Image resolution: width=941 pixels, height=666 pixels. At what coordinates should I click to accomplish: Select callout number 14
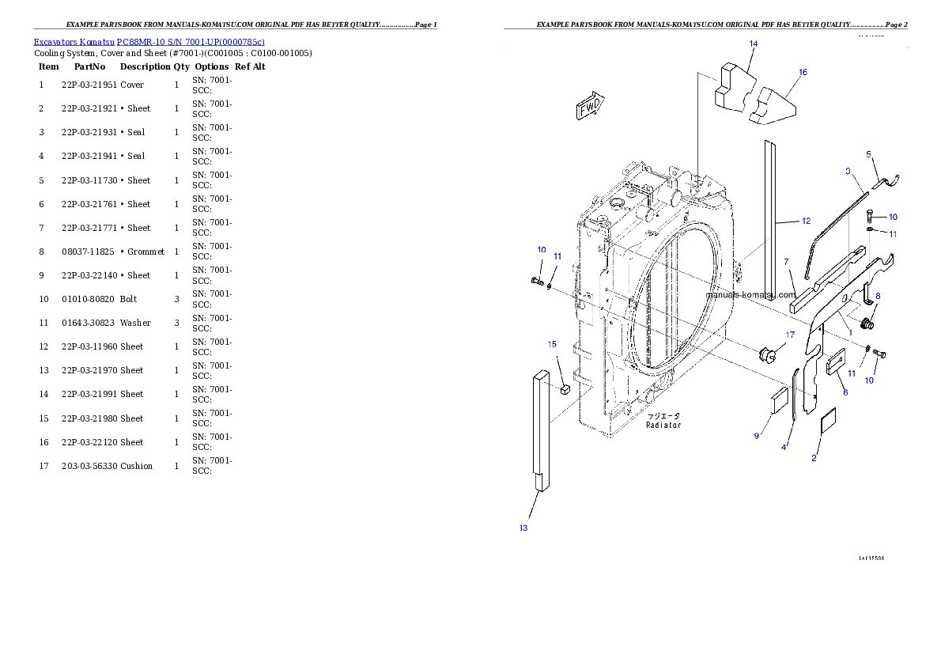pyautogui.click(x=753, y=44)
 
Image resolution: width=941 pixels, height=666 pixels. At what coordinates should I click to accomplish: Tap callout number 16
pyautogui.click(x=803, y=73)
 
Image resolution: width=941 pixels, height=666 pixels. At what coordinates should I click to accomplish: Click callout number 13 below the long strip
pyautogui.click(x=523, y=528)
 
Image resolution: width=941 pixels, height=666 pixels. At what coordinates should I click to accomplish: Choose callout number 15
pyautogui.click(x=553, y=344)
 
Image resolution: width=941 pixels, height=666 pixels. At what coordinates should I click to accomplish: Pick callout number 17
pyautogui.click(x=789, y=335)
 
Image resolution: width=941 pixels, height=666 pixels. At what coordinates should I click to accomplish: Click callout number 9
pyautogui.click(x=756, y=436)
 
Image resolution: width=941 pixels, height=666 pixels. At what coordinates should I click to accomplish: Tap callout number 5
pyautogui.click(x=868, y=154)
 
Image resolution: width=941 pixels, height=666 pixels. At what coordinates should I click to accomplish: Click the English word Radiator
pyautogui.click(x=663, y=426)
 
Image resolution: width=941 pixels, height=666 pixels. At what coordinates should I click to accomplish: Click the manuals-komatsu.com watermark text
pyautogui.click(x=750, y=295)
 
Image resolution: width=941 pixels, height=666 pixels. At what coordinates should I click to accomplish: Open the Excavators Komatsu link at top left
pyautogui.click(x=149, y=41)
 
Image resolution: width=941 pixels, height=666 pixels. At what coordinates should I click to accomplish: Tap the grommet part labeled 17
pyautogui.click(x=765, y=354)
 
